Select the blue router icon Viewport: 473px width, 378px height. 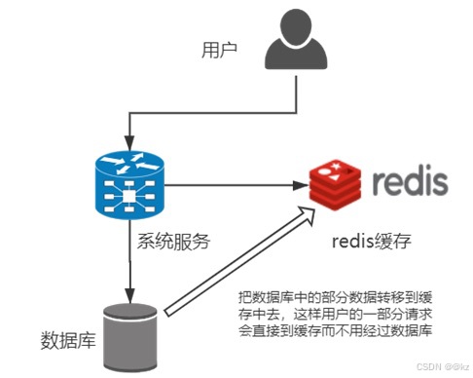point(129,184)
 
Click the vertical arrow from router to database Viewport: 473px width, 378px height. point(129,258)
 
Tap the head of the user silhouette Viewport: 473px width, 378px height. point(293,25)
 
